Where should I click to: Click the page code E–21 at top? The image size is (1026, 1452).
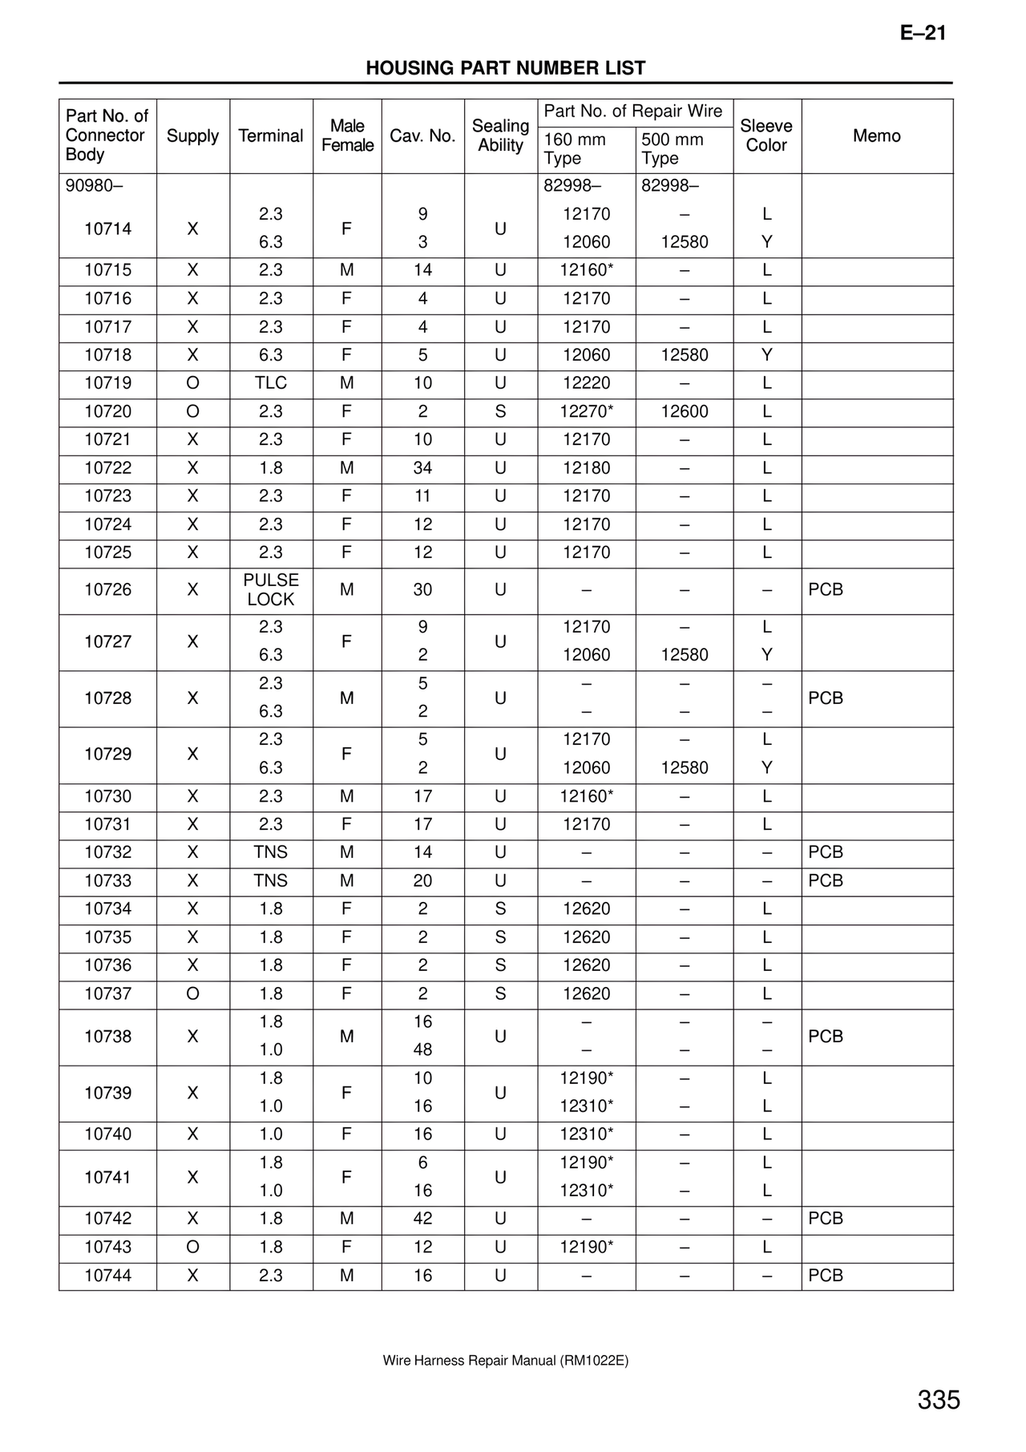coord(923,33)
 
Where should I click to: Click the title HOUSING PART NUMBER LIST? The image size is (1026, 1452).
coord(506,68)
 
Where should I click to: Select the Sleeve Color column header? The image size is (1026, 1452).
coord(766,135)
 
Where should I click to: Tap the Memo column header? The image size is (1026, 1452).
coord(876,135)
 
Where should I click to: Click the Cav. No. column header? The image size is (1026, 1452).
coord(422,135)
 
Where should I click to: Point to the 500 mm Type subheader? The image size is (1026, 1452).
coord(673,148)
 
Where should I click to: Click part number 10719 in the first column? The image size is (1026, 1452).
coord(108,383)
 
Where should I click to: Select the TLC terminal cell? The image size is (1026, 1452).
coord(271,383)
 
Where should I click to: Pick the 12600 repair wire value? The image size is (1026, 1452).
coord(685,411)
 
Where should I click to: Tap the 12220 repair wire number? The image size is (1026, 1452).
coord(587,383)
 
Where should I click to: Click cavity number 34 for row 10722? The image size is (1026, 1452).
coord(422,468)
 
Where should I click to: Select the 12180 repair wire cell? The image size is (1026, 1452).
coord(587,468)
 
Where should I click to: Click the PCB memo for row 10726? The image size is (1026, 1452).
coord(826,589)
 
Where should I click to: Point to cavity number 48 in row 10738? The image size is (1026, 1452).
coord(422,1050)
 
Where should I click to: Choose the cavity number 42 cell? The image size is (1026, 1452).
coord(422,1219)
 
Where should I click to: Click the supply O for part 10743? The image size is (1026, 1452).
coord(192,1247)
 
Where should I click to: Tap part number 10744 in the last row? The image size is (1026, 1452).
coord(108,1276)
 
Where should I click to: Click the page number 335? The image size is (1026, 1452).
coord(939,1400)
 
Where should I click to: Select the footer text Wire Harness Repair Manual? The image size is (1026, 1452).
coord(505,1361)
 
